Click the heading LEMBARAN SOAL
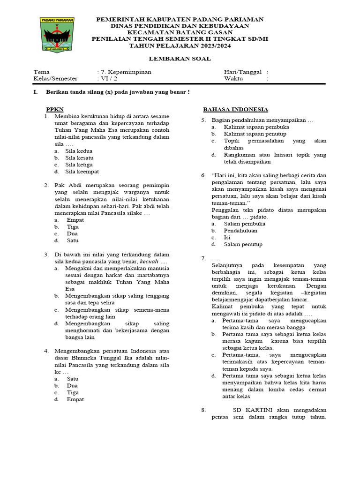tap(180, 59)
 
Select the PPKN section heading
tap(54, 109)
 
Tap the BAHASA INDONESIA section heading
tap(235, 109)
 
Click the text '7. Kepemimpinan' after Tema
tap(124, 72)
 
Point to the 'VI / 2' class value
tap(107, 79)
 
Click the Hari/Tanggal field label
tap(242, 72)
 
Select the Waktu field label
tap(234, 79)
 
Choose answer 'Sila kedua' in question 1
tap(79, 151)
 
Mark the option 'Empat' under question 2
tap(75, 219)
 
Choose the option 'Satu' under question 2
tap(73, 240)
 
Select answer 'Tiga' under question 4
tap(73, 392)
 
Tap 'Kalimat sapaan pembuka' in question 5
tap(256, 127)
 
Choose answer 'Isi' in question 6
tap(227, 237)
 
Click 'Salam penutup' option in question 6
tap(243, 244)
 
